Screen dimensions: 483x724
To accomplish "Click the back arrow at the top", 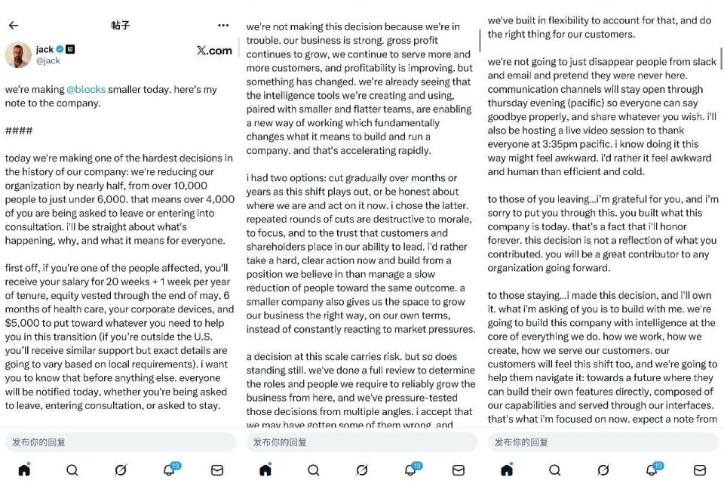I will [x=13, y=25].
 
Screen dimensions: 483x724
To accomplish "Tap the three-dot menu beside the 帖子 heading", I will [x=223, y=25].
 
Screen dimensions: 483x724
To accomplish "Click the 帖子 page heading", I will [x=121, y=25].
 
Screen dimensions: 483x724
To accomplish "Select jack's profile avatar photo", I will [x=18, y=54].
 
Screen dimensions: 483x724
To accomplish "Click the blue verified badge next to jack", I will [x=60, y=49].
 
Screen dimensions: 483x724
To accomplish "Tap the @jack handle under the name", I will [x=48, y=60].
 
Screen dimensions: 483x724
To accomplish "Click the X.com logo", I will [x=214, y=51].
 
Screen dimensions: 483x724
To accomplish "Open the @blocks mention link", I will [x=86, y=89].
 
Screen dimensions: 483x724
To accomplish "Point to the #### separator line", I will [x=19, y=131].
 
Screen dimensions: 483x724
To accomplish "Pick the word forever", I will [x=507, y=240].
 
